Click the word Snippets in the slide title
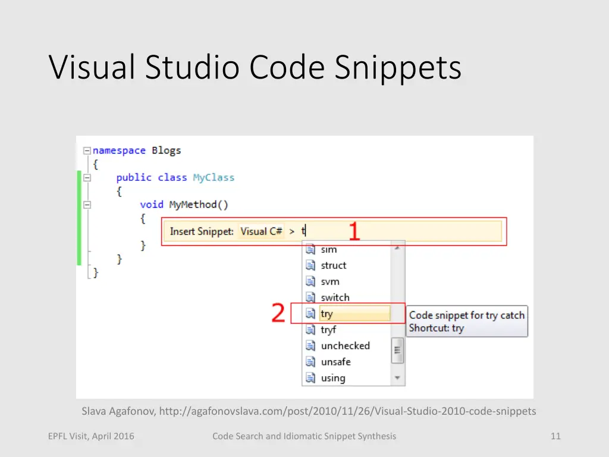click(397, 68)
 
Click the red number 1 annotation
click(354, 231)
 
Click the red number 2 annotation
click(278, 313)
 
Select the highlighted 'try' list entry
click(327, 314)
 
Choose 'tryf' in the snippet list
click(328, 330)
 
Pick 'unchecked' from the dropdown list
click(345, 346)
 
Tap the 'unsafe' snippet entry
click(335, 362)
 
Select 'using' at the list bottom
click(333, 378)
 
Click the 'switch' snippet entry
click(335, 298)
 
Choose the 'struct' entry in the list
click(333, 265)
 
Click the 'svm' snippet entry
click(330, 281)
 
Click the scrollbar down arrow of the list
click(397, 378)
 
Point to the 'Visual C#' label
click(261, 231)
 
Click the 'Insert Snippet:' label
click(202, 231)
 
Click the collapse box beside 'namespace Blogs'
click(87, 151)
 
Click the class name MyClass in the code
click(214, 177)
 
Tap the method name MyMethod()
click(199, 204)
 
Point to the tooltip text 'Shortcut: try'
click(436, 328)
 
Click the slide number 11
click(555, 436)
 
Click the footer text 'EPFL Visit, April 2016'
click(91, 436)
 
